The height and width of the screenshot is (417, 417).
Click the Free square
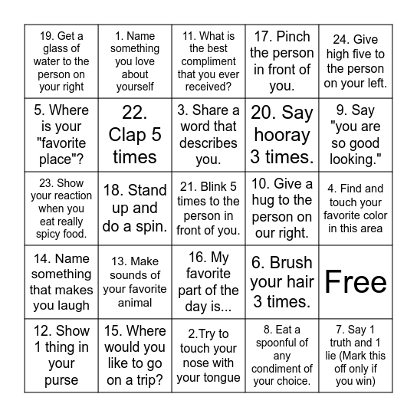355,282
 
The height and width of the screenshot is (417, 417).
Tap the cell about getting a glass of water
61,61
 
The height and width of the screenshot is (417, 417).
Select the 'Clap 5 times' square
134,135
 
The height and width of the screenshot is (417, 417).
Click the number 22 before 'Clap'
134,113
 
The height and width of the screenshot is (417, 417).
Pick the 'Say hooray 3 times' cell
282,135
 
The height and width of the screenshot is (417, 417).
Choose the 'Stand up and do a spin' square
134,208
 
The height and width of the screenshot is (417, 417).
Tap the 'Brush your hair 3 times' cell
282,282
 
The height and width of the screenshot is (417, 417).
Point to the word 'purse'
61,379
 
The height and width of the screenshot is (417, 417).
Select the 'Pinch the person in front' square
282,61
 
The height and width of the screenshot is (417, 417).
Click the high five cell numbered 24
355,61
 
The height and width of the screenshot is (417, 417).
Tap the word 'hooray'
282,135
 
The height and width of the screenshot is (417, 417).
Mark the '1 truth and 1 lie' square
355,356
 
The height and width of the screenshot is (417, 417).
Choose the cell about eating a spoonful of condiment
282,356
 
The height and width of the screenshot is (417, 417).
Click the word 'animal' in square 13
134,304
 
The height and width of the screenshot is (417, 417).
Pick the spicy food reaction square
61,208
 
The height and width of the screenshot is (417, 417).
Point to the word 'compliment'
208,61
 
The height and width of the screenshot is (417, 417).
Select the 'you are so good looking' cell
355,135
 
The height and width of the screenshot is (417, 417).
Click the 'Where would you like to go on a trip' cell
134,356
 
